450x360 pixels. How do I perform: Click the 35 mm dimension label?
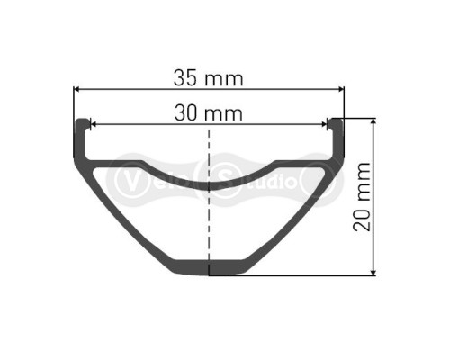click(209, 77)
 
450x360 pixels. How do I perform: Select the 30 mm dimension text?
click(209, 113)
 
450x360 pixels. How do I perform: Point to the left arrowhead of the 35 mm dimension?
click(78, 89)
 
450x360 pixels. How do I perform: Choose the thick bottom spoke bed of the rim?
click(210, 267)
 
